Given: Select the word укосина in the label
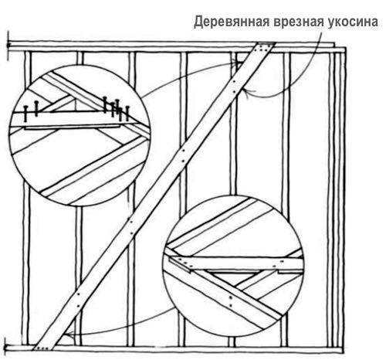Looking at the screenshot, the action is [352, 22].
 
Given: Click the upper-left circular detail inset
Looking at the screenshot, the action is [80, 135].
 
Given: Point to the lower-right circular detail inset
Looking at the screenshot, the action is [234, 266].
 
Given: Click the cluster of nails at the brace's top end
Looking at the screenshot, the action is [265, 49].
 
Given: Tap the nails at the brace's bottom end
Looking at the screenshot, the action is [43, 348].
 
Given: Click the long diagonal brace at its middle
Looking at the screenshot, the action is [154, 195].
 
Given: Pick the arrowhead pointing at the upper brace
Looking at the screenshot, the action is [246, 93].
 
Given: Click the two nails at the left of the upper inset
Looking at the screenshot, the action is [31, 111].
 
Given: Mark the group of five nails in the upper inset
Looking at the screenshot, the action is [116, 109].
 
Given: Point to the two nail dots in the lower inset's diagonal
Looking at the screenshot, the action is [231, 301].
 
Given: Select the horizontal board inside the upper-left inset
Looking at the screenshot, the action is [75, 120].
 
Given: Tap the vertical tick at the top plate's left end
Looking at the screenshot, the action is [8, 46].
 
